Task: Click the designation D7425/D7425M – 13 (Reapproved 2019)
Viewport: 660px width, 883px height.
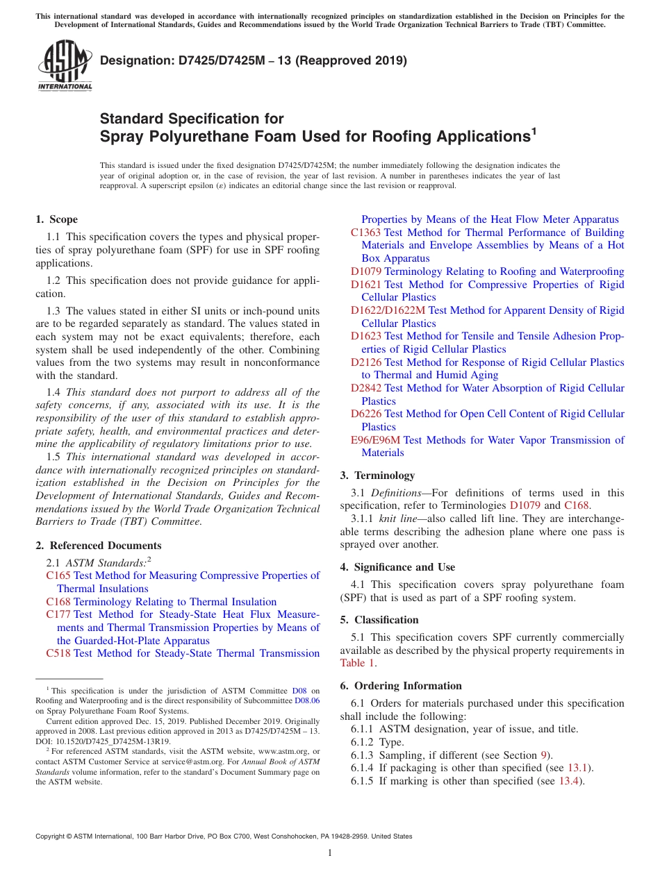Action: (x=254, y=60)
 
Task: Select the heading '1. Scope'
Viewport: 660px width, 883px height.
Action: (x=56, y=219)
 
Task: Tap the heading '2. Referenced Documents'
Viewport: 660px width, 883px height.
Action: (x=98, y=546)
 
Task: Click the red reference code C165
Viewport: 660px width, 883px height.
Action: (x=58, y=575)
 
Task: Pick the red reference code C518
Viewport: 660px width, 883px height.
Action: (x=58, y=653)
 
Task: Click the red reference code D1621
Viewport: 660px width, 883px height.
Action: (x=365, y=285)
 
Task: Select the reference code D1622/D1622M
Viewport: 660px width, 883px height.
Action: (x=388, y=310)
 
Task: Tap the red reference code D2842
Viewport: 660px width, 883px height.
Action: (x=365, y=388)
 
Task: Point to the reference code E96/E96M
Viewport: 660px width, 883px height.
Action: (x=375, y=440)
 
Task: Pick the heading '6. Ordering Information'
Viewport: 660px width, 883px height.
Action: (x=401, y=686)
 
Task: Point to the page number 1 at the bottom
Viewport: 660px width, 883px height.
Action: (x=330, y=853)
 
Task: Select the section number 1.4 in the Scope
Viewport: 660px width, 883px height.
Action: (x=53, y=392)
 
